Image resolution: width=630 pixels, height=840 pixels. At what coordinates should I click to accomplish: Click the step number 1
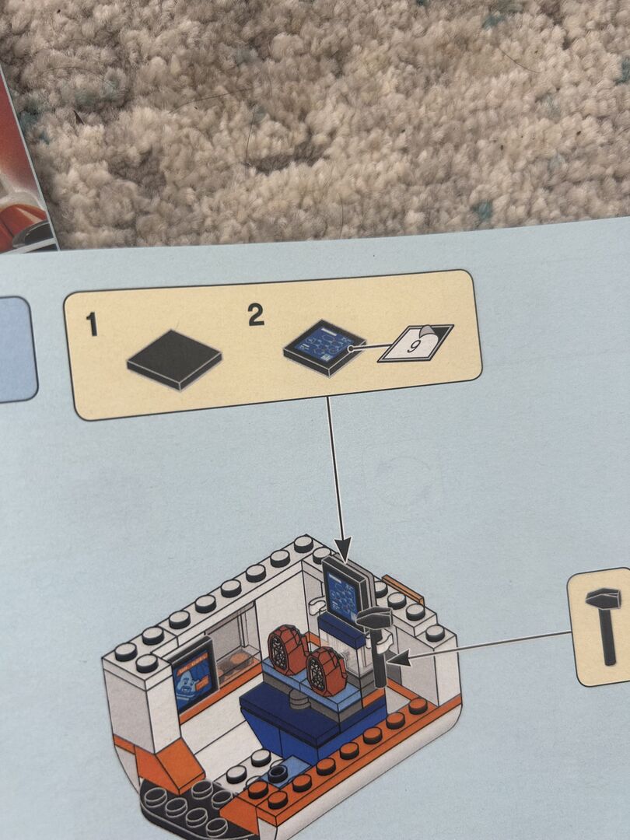[x=92, y=324]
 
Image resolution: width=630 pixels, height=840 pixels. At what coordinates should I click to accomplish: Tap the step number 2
[x=256, y=314]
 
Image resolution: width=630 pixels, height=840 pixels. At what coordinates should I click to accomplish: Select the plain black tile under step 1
[x=174, y=359]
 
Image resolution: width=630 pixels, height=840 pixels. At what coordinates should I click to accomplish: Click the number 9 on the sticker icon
[x=412, y=346]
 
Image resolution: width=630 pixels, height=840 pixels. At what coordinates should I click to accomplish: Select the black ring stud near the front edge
[x=278, y=773]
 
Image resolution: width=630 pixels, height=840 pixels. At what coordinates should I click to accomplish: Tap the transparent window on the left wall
[x=233, y=643]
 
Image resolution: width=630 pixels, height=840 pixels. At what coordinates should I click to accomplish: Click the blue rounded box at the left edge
[x=16, y=348]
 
